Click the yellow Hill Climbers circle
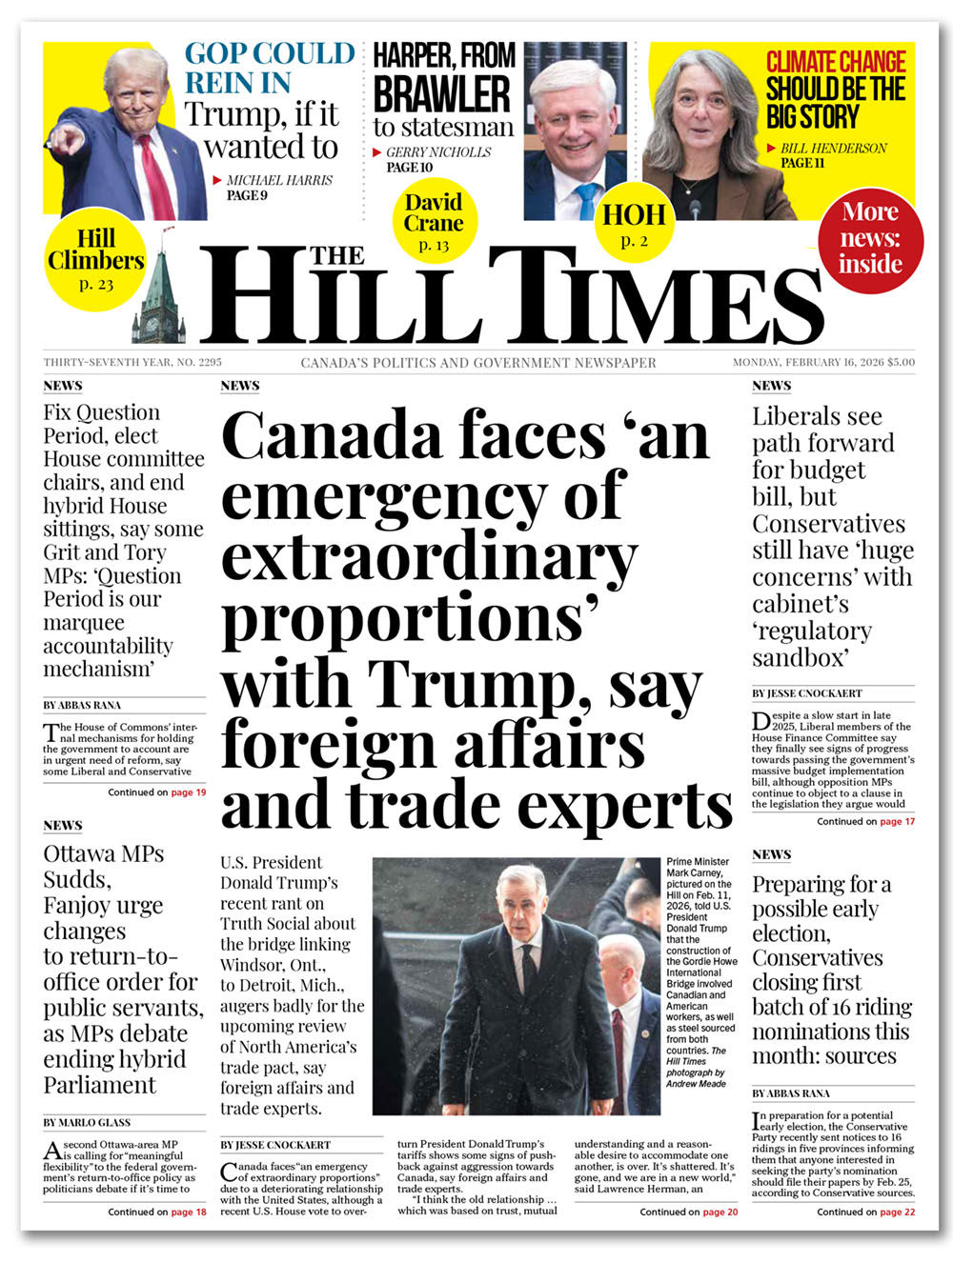point(95,258)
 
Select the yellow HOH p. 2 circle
point(634,225)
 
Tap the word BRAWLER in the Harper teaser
point(441,94)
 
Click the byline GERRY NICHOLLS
point(438,152)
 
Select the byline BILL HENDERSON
point(834,149)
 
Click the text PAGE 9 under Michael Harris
point(247,195)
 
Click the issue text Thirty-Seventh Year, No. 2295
point(132,362)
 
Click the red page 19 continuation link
point(188,792)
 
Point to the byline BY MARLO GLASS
point(87,1123)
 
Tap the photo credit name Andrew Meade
point(696,1084)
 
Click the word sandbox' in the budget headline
point(801,658)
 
